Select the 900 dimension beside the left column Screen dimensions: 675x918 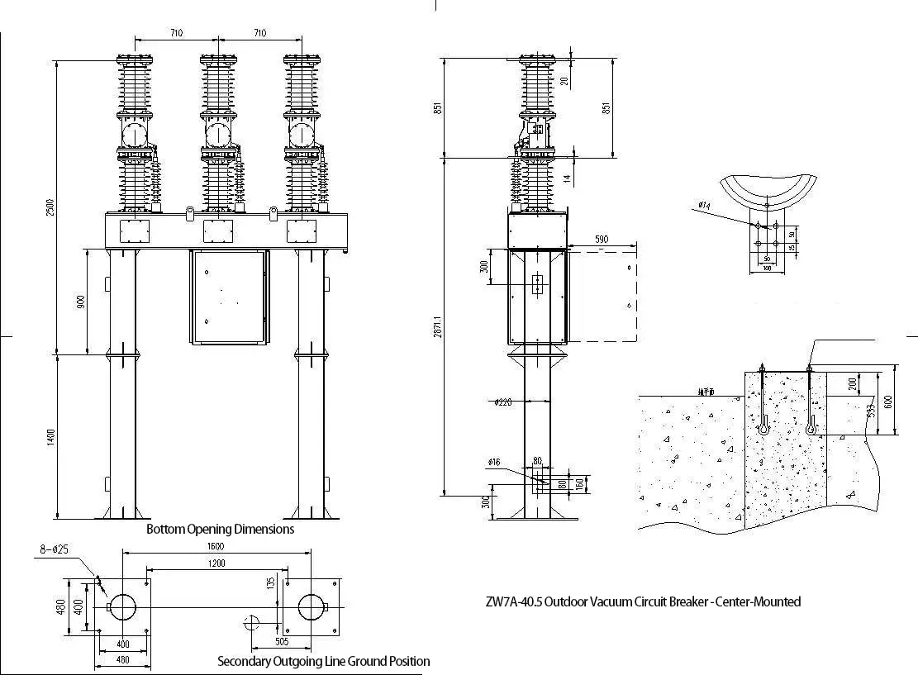coord(80,302)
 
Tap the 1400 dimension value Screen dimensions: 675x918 coord(50,437)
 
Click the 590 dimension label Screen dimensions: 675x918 coord(602,239)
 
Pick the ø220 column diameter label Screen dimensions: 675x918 coord(504,402)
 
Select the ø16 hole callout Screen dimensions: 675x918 coord(493,462)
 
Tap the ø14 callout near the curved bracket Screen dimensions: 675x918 coord(704,205)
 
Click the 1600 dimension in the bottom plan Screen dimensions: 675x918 coord(217,547)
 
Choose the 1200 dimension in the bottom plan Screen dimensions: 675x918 coord(217,563)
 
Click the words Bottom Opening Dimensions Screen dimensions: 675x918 coord(220,529)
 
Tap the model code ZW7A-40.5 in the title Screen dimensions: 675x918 coord(513,601)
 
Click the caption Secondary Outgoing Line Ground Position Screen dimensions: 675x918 coord(323,661)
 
